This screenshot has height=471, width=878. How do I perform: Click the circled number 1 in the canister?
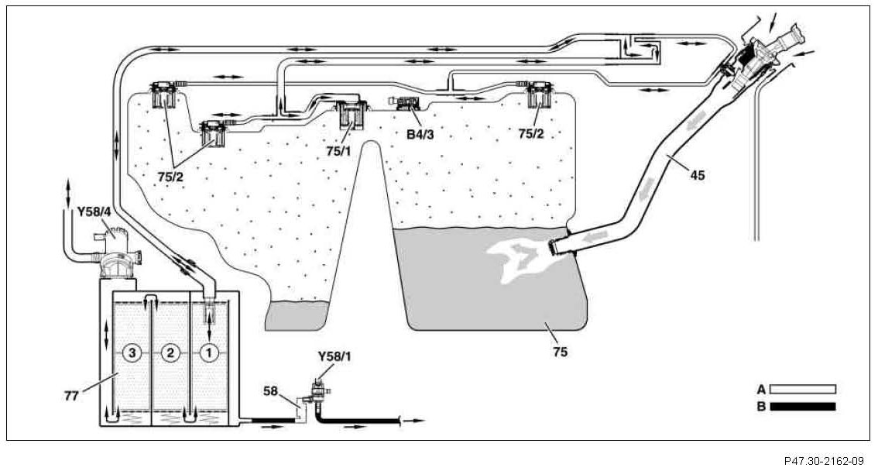(x=208, y=352)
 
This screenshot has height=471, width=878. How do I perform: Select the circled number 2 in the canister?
(x=171, y=352)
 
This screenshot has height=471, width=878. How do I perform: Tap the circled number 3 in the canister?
(x=133, y=352)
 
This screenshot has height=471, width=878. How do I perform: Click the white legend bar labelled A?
(x=803, y=390)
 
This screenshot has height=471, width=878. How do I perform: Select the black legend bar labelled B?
(x=803, y=406)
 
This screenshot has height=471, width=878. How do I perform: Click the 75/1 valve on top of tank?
(x=353, y=115)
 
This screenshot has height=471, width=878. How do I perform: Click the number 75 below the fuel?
(x=561, y=352)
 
